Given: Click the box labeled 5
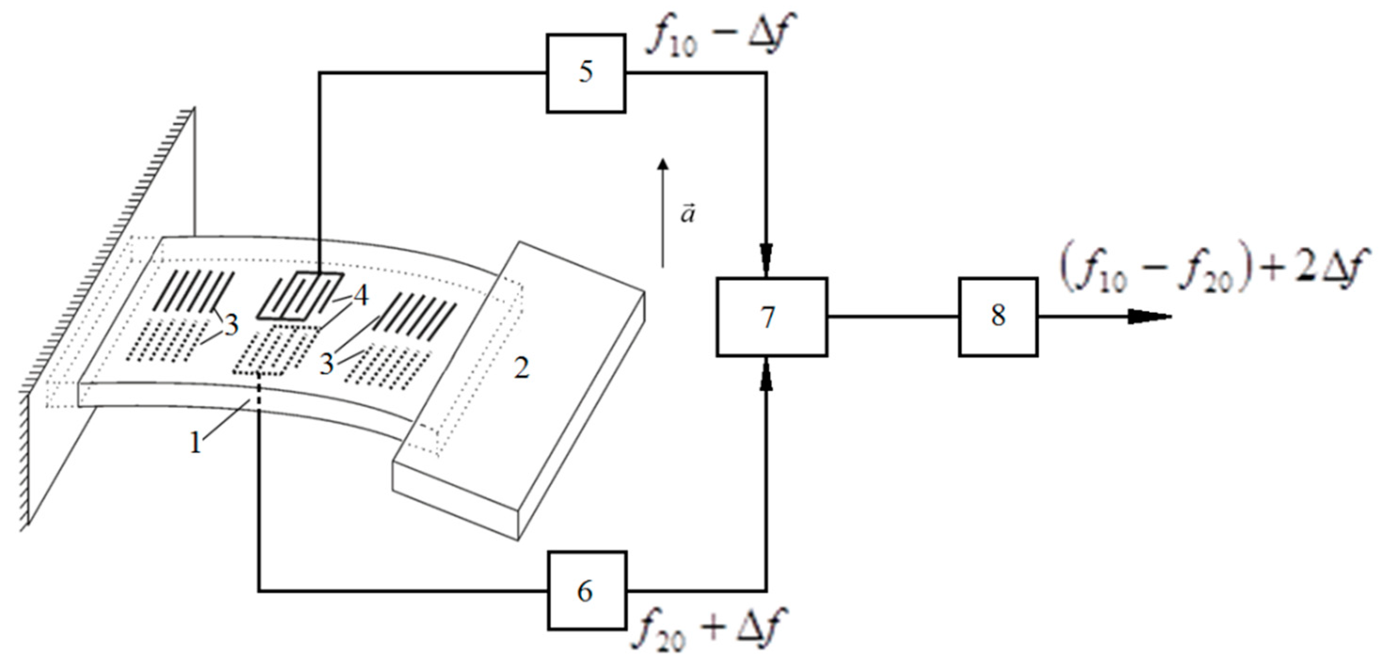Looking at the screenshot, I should tap(586, 73).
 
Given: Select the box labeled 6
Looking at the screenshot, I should tap(587, 591).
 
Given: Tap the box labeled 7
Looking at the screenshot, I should tap(771, 317).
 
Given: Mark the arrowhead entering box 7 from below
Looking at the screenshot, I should tap(766, 373).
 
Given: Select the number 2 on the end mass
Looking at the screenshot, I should tap(521, 369).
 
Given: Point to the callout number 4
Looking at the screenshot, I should tap(361, 296).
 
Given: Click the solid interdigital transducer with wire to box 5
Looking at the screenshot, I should tap(298, 296).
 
